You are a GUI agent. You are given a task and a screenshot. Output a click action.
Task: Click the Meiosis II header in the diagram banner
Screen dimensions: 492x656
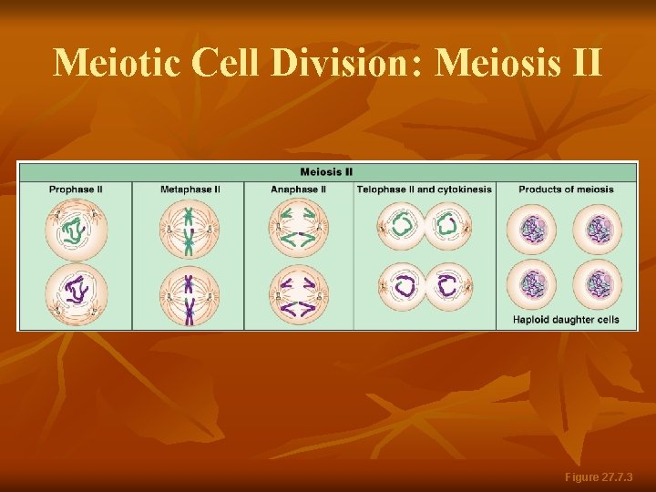326,171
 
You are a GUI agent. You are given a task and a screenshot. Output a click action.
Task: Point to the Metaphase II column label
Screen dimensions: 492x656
190,190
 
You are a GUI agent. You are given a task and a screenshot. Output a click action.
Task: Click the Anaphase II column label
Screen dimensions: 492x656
298,190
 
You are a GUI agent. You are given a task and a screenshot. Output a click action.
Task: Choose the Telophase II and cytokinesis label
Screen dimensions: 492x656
424,190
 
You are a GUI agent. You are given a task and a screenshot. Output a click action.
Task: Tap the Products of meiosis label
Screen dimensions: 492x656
566,190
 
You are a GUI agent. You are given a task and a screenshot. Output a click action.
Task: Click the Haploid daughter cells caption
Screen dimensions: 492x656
566,320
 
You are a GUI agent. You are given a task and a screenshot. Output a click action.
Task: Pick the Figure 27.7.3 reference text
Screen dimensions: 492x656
599,477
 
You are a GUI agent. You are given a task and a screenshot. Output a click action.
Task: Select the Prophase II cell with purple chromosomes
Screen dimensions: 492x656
77,292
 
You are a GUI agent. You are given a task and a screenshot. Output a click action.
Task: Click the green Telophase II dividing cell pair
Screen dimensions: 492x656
425,225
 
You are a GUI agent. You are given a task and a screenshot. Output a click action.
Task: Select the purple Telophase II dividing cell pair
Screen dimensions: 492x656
425,286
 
